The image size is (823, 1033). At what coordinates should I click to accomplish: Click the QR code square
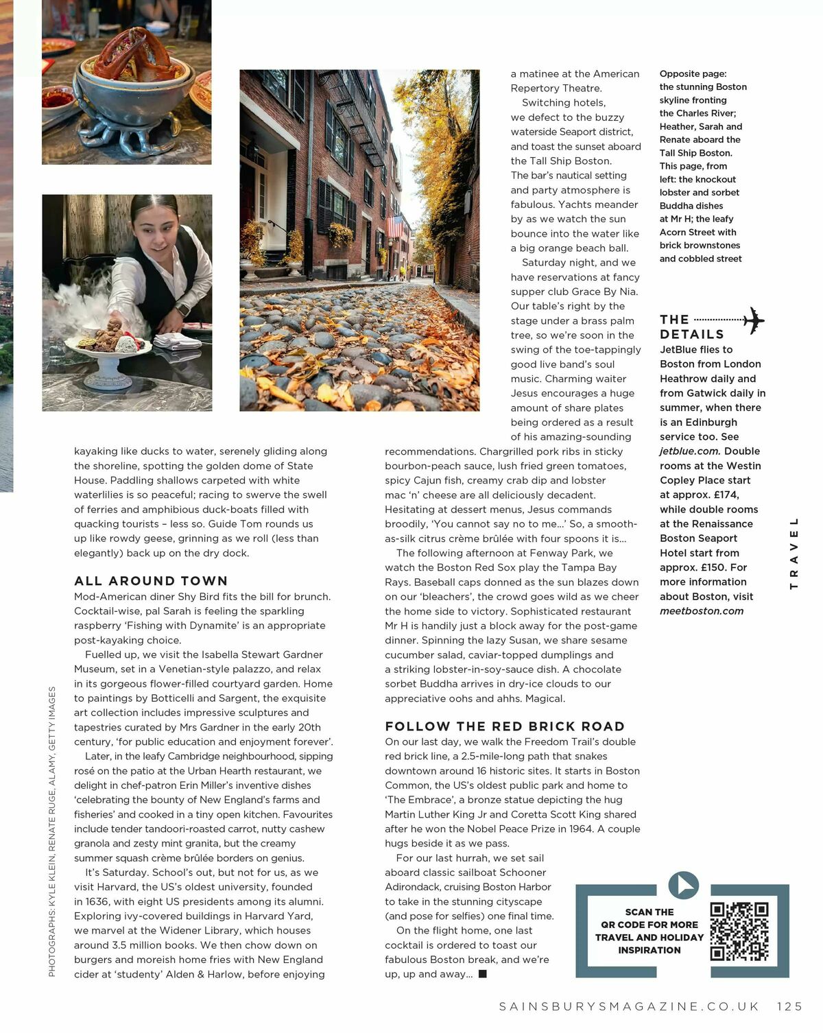[x=739, y=931]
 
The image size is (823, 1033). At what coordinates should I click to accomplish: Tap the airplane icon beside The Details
[x=753, y=320]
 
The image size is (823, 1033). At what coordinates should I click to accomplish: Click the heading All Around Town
[x=151, y=581]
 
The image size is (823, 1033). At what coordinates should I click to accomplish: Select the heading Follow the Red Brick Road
[x=505, y=726]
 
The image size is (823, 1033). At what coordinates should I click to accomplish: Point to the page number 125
[x=789, y=1006]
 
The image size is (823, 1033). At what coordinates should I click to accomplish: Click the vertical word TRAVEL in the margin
[x=794, y=553]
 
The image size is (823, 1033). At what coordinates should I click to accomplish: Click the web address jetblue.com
[x=689, y=451]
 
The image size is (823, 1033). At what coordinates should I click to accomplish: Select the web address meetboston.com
[x=702, y=611]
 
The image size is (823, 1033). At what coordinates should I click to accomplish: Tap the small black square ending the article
[x=482, y=974]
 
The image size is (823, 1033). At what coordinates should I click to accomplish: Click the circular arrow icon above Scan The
[x=683, y=886]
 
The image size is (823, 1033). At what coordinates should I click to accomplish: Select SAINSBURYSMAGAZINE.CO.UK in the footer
[x=629, y=1006]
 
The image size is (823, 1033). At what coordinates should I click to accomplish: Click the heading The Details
[x=691, y=327]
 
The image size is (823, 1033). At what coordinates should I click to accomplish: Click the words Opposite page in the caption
[x=693, y=74]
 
